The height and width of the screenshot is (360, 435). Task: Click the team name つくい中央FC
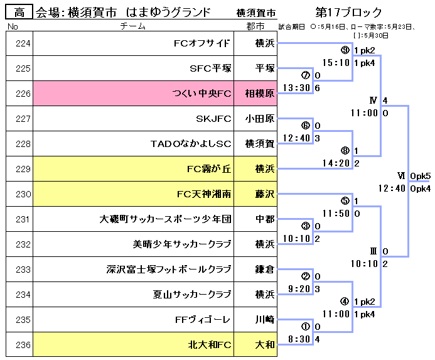pyautogui.click(x=201, y=94)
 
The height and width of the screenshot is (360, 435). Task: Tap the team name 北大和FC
pyautogui.click(x=210, y=344)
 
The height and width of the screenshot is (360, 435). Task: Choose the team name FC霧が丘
pyautogui.click(x=209, y=169)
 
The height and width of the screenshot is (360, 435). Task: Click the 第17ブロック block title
pyautogui.click(x=348, y=13)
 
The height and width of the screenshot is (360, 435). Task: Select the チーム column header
pyautogui.click(x=133, y=26)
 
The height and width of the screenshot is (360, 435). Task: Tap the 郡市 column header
pyautogui.click(x=255, y=26)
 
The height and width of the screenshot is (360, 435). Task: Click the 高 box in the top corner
pyautogui.click(x=19, y=12)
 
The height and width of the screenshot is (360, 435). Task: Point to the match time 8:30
pyautogui.click(x=299, y=339)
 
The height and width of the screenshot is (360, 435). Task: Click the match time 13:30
pyautogui.click(x=297, y=88)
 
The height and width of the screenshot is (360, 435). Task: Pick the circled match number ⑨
pyautogui.click(x=345, y=50)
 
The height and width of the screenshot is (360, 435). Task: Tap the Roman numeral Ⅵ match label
pyautogui.click(x=401, y=175)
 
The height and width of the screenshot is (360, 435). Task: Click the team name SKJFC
pyautogui.click(x=213, y=119)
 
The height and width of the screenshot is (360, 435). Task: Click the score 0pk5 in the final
pyautogui.click(x=420, y=175)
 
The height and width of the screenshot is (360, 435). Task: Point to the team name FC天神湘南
pyautogui.click(x=205, y=194)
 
